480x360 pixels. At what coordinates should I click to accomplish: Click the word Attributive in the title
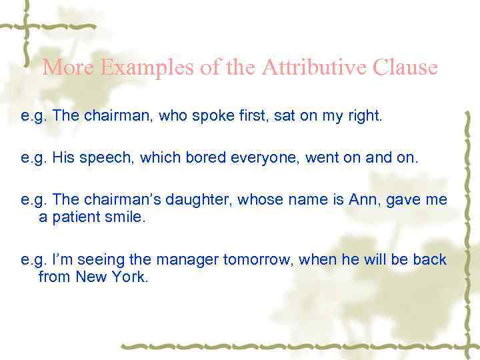tap(314, 68)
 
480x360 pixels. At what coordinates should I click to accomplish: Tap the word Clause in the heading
tap(405, 68)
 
